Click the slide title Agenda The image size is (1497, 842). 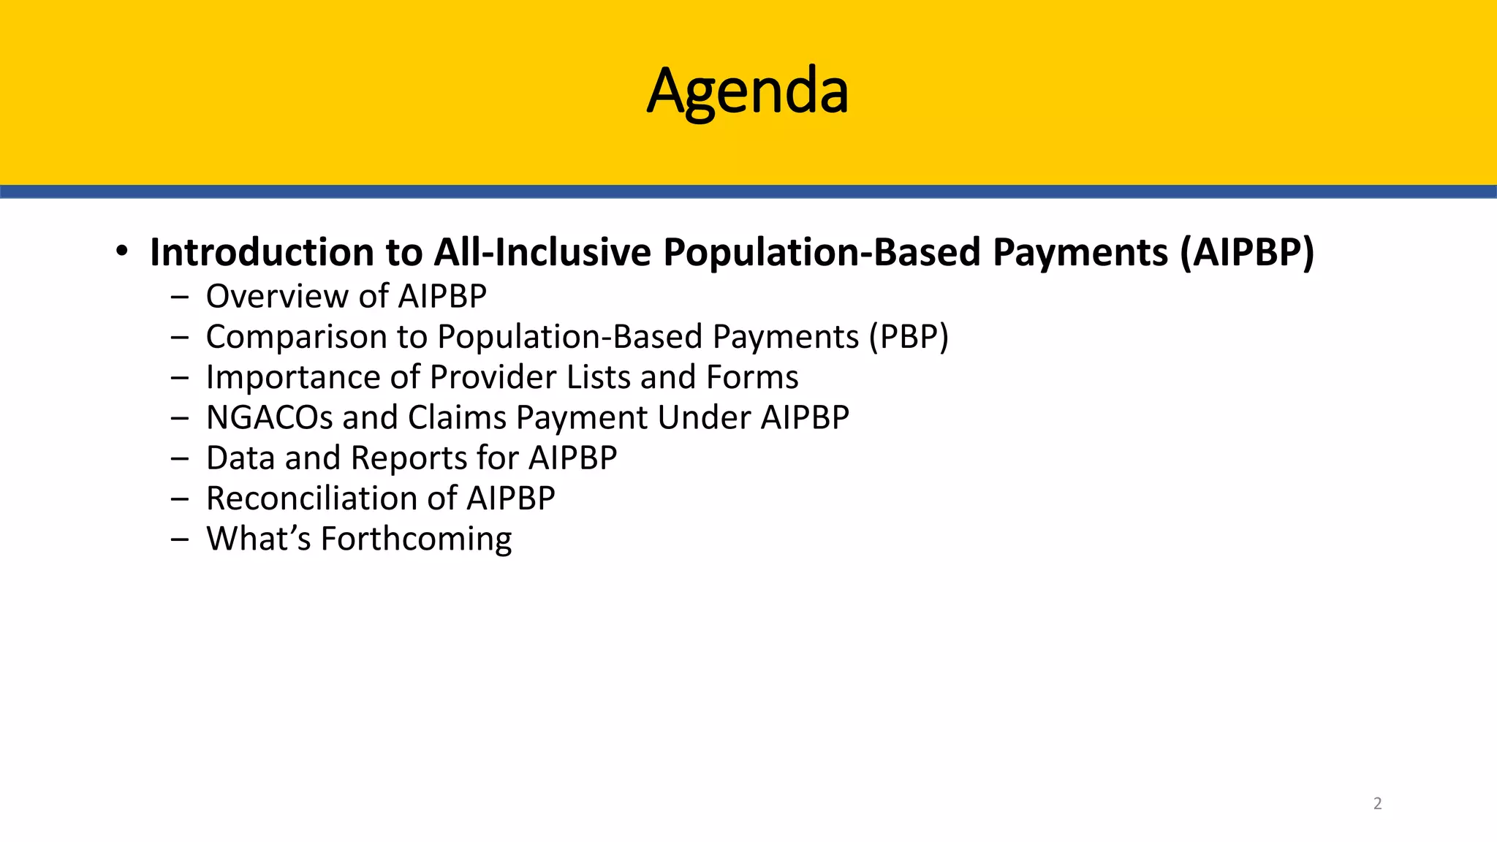(747, 91)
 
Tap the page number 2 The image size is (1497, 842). (1377, 803)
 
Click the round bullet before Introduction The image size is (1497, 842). (122, 251)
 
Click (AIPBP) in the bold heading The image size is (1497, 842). (1246, 252)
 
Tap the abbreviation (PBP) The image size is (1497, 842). (909, 337)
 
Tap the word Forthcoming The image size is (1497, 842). (416, 539)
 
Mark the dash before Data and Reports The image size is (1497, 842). (179, 459)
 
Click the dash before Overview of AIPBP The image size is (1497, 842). (179, 297)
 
